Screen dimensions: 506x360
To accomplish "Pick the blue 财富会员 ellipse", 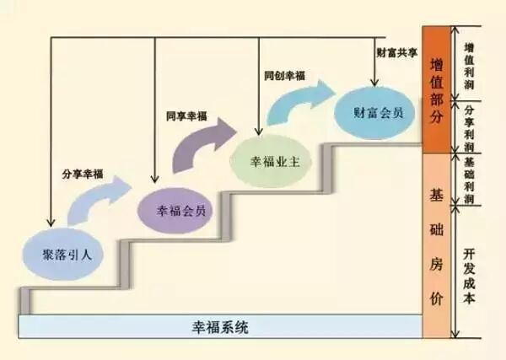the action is coord(374,112).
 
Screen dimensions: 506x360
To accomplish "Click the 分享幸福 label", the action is coord(82,175).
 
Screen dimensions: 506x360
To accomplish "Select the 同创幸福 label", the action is coord(284,76).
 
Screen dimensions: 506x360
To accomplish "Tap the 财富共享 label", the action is coord(396,51).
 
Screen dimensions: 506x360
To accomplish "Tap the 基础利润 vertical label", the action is coord(470,176).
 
